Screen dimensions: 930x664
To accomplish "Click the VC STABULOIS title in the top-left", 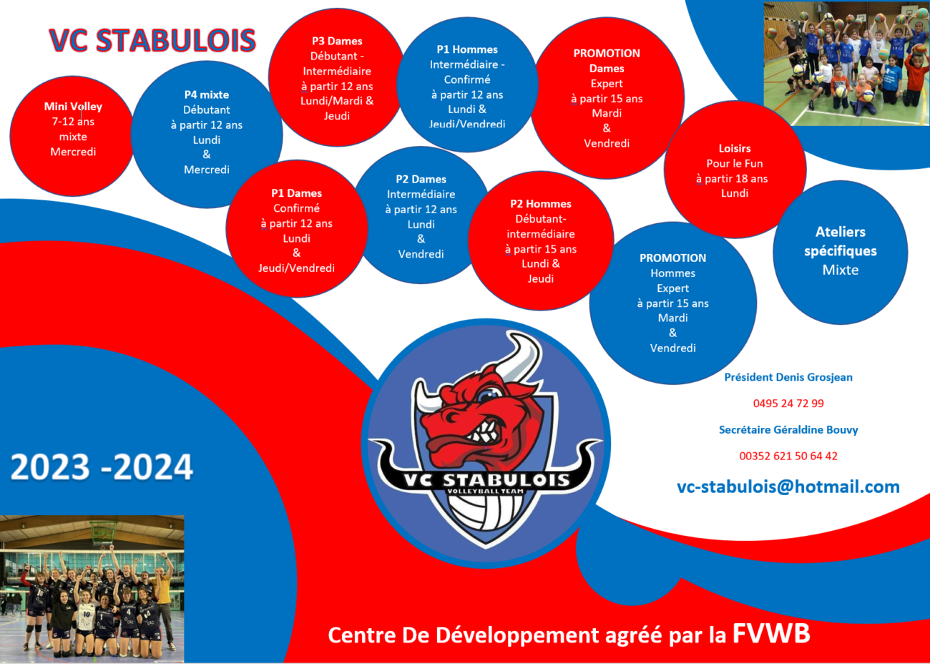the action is point(152,40).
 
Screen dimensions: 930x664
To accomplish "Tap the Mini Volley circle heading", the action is point(73,107).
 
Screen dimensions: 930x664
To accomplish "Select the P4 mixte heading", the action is point(207,94).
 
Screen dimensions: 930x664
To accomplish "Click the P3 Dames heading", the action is point(337,41).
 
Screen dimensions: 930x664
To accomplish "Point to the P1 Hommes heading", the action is point(467,49).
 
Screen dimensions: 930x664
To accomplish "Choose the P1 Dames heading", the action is point(296,193).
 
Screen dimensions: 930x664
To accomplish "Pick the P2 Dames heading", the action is point(421,180).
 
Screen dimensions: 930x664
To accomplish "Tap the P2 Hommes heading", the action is point(541,204).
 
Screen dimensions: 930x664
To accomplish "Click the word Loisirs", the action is point(735,149).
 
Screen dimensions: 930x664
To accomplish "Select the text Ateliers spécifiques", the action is point(841,241).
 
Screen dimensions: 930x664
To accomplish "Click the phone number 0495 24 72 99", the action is point(788,404).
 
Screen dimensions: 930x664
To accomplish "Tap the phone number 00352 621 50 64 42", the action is point(788,456).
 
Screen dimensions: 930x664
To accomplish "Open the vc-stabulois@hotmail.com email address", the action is point(788,487).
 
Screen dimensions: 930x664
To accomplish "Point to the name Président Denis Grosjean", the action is point(788,377).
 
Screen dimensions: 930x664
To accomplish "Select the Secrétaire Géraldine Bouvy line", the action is point(788,430).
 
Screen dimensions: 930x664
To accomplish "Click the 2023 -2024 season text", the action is point(102,467).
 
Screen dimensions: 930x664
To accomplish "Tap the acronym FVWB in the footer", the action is point(771,634).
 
